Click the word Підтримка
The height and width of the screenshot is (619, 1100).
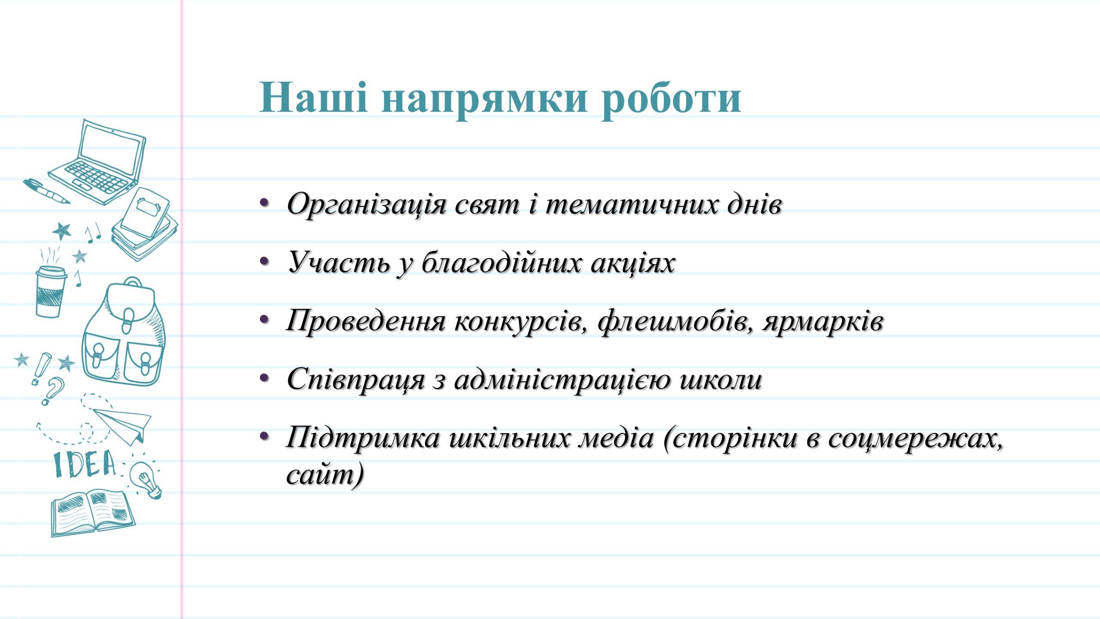click(364, 438)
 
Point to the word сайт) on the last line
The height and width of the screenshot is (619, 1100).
click(325, 475)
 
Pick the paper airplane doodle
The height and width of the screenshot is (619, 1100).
click(122, 426)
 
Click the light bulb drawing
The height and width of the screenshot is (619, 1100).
click(146, 480)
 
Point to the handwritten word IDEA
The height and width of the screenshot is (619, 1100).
click(85, 464)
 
